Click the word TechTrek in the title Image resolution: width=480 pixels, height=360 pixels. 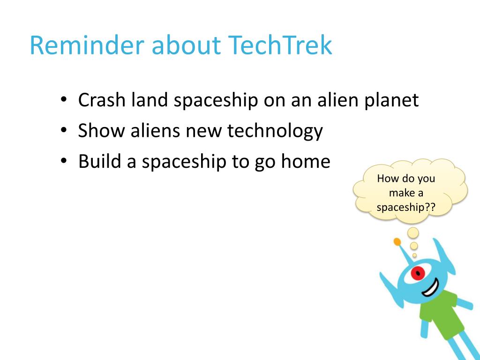[x=280, y=45]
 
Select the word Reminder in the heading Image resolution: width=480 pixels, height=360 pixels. [x=87, y=45]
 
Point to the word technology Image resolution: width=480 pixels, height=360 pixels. [x=275, y=132]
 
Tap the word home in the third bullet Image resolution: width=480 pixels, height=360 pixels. [x=306, y=161]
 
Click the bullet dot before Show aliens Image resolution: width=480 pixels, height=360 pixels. [x=63, y=130]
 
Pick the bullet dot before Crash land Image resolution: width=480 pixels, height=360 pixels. [x=63, y=99]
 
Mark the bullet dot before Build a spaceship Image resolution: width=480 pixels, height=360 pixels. [x=63, y=161]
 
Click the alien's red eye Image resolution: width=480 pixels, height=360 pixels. [x=418, y=273]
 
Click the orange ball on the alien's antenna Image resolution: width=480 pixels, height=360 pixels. [x=397, y=242]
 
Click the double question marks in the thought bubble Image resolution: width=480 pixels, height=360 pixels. [x=430, y=207]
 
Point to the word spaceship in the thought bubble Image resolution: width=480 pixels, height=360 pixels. [x=400, y=208]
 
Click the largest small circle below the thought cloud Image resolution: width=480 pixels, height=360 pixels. [x=413, y=233]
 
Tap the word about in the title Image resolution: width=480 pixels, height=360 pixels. [x=186, y=45]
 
